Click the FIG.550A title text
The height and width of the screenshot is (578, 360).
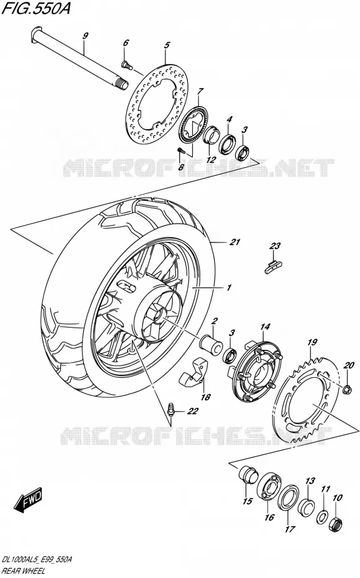(x=35, y=8)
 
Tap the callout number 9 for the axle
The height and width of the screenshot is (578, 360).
(x=85, y=36)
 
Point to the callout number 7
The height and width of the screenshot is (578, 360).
(x=200, y=91)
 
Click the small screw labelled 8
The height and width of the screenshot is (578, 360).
(x=181, y=151)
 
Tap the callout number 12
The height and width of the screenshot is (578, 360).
(x=211, y=160)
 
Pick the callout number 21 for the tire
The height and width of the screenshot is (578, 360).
(x=234, y=242)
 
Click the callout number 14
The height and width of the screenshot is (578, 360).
(x=265, y=326)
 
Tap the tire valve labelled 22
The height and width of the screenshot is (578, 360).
(x=170, y=408)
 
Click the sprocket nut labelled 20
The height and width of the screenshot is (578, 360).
(x=347, y=388)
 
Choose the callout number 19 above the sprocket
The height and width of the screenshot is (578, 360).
(x=312, y=342)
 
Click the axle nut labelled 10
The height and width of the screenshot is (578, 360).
(x=336, y=521)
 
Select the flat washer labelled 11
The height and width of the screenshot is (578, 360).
(x=321, y=516)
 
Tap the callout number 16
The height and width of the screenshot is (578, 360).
(x=270, y=517)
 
